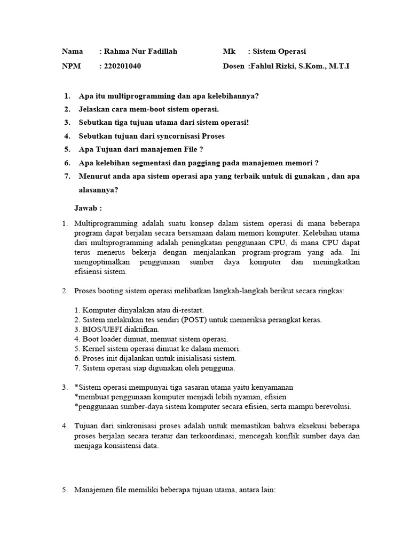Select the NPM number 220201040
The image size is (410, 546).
coord(123,67)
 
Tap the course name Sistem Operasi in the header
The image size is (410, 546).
coord(279,52)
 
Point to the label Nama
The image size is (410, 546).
coord(72,52)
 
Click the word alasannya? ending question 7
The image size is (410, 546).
coord(98,190)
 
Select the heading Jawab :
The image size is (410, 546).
coord(88,208)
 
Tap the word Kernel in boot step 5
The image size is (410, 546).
coord(93,349)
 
